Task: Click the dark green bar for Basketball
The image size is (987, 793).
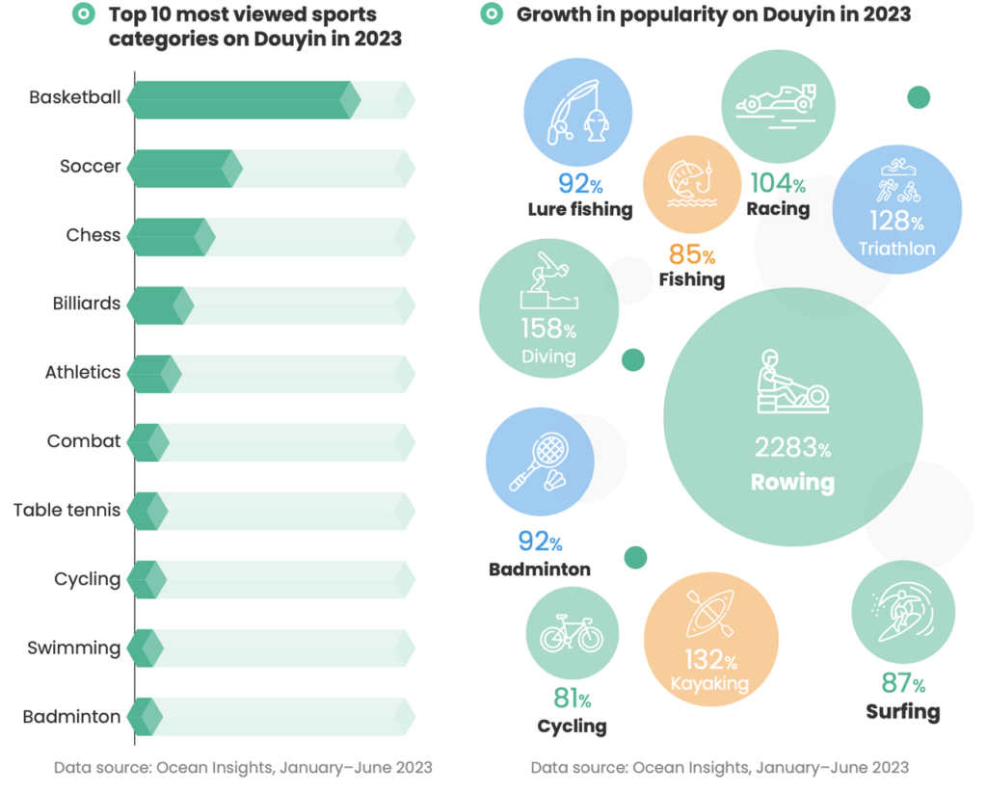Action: tap(241, 99)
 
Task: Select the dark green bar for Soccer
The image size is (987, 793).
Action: tap(182, 168)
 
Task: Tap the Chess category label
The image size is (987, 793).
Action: tap(93, 235)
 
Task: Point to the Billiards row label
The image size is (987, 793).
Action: tap(87, 304)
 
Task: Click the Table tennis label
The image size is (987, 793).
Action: tap(67, 510)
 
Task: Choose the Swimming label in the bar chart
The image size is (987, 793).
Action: tap(74, 648)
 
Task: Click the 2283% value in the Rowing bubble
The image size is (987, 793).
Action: tap(792, 448)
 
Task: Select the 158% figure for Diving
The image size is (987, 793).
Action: tap(548, 330)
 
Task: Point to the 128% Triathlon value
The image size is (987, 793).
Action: tap(896, 222)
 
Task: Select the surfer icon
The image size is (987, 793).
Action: tap(902, 614)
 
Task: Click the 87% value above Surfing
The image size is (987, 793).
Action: tap(903, 684)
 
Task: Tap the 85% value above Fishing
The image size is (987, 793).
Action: tap(690, 255)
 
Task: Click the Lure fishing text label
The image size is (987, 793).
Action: tap(580, 209)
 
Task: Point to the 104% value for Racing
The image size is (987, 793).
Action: tap(777, 183)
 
